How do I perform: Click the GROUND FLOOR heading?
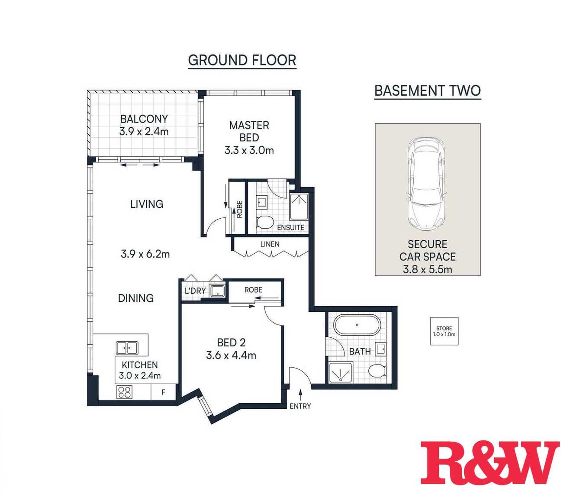tap(242, 61)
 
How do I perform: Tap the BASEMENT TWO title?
tap(428, 91)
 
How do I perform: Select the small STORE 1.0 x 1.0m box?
tap(444, 331)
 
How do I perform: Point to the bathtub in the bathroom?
tap(357, 325)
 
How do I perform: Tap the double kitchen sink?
tap(127, 348)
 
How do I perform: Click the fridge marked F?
tap(163, 392)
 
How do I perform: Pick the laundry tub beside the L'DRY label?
tap(218, 291)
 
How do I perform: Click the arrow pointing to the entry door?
tap(300, 395)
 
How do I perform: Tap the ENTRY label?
tap(300, 406)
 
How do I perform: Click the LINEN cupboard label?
tap(270, 244)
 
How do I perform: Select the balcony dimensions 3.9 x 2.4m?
tap(144, 132)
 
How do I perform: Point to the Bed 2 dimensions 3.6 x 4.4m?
tap(231, 356)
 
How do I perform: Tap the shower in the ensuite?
tap(299, 207)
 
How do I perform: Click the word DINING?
tap(136, 298)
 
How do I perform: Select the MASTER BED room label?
tap(249, 132)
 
